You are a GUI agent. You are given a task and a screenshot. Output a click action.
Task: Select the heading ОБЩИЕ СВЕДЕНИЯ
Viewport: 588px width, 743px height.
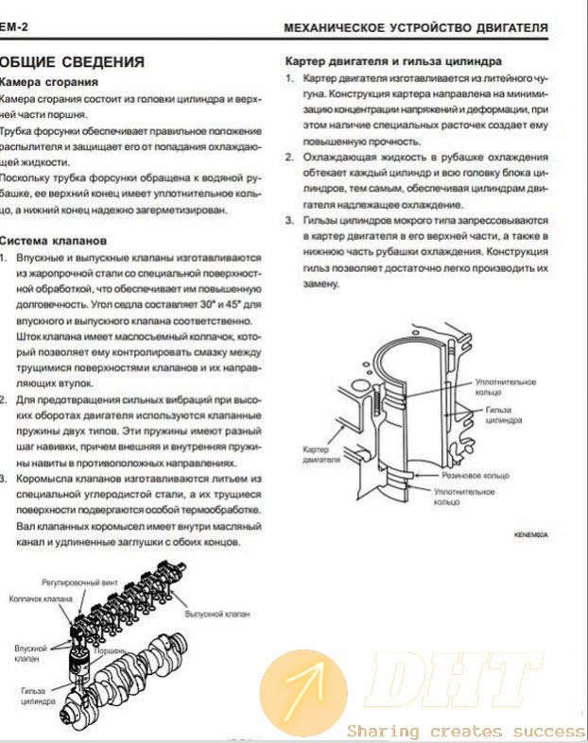73,62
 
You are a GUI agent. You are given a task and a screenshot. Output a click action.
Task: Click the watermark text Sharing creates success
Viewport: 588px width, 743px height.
465,731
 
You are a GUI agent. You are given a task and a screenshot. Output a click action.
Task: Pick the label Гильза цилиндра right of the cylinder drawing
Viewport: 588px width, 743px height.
502,416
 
